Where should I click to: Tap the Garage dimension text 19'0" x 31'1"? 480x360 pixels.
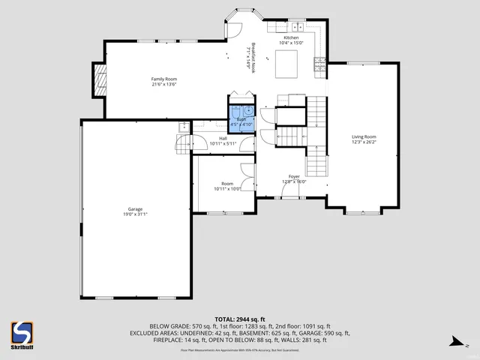[x=135, y=214]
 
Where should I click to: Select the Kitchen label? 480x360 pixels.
[x=291, y=37]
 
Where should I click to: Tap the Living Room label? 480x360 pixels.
[x=364, y=136]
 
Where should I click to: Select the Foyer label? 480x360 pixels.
[x=294, y=176]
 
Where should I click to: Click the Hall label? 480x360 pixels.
[x=223, y=138]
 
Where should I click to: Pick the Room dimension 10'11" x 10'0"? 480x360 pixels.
[x=227, y=189]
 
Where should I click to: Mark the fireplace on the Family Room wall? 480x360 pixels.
[x=98, y=79]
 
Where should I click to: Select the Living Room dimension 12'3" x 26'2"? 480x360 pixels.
[x=364, y=142]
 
